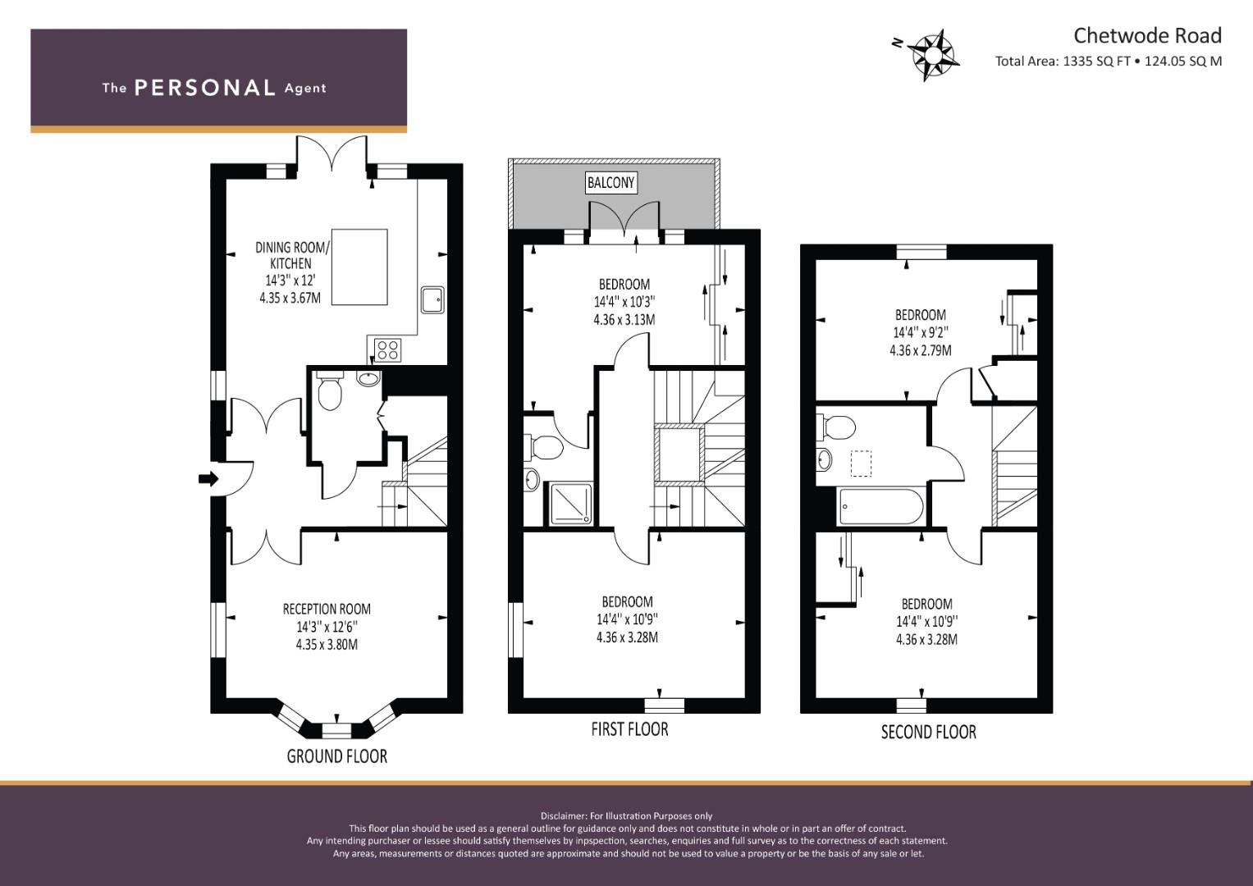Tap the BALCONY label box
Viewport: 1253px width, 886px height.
click(610, 182)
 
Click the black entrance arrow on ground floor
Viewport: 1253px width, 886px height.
click(208, 479)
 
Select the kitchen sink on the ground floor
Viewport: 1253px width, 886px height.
click(433, 300)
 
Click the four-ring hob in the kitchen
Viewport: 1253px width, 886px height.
click(388, 350)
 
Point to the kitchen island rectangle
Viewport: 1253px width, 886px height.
click(359, 267)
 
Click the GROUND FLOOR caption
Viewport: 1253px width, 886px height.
click(336, 756)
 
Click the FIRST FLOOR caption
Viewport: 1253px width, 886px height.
click(629, 728)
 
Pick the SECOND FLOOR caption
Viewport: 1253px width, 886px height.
click(928, 732)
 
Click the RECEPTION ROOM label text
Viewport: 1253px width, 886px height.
click(327, 609)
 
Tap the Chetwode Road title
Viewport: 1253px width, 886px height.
click(1147, 35)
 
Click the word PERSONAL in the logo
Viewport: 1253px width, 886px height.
click(204, 88)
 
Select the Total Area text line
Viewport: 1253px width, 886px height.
click(1108, 61)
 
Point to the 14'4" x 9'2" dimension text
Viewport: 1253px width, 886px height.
click(920, 332)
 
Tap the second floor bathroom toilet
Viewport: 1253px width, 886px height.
click(836, 427)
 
